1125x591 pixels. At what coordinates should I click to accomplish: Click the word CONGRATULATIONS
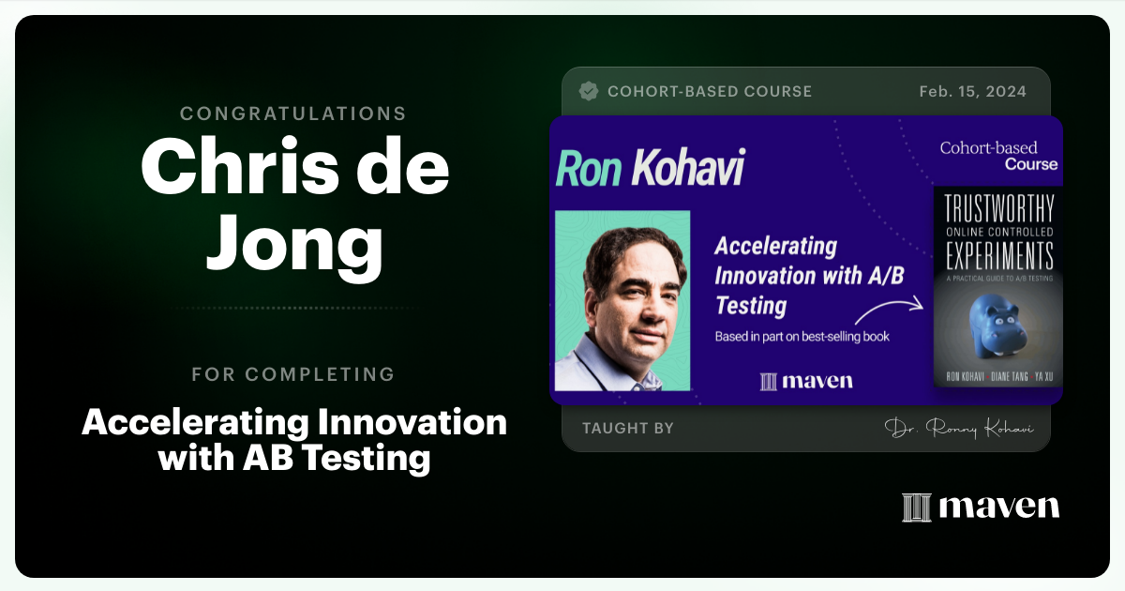[293, 114]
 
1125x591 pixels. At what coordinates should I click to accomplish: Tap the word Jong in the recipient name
[294, 241]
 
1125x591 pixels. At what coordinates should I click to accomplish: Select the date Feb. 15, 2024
[973, 91]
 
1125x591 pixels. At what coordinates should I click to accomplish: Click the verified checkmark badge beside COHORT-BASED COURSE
[589, 91]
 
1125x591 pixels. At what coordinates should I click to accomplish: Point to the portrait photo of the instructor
[622, 300]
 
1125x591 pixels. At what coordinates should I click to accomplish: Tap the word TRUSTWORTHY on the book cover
[997, 207]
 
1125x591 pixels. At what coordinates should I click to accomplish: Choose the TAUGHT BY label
[627, 428]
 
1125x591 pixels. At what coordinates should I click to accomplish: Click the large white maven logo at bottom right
[981, 507]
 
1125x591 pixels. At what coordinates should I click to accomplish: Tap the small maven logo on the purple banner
[806, 380]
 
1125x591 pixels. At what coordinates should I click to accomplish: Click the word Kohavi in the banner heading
[689, 168]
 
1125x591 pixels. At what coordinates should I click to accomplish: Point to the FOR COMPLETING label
[293, 374]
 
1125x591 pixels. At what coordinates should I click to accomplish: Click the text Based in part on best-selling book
[802, 336]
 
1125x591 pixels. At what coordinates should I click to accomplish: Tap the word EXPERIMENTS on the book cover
[997, 255]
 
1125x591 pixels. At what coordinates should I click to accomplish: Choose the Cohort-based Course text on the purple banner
[998, 156]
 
